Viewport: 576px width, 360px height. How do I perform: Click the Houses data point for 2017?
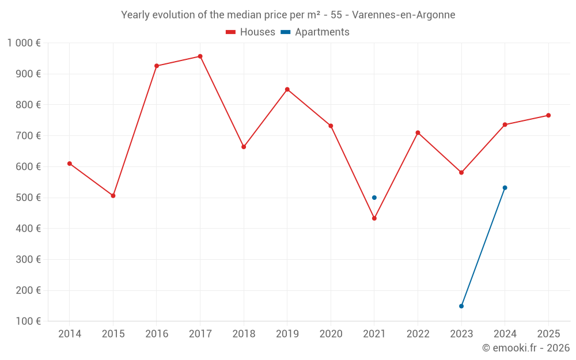tap(200, 56)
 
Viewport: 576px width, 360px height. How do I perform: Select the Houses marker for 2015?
tap(113, 196)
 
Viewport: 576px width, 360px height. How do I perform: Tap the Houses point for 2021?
tap(374, 218)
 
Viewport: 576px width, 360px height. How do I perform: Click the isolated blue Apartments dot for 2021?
tap(374, 198)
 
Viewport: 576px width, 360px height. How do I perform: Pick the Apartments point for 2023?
tap(461, 306)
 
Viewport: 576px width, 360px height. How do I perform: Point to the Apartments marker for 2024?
tap(505, 188)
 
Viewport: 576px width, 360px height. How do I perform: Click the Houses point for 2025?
tap(548, 115)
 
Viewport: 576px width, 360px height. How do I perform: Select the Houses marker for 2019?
tap(287, 89)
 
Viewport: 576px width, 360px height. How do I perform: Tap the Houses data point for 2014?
tap(70, 164)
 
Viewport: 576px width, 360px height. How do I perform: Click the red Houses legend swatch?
tap(230, 32)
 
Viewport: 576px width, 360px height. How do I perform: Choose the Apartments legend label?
tap(322, 32)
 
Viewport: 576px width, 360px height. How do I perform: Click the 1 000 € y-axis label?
tap(24, 43)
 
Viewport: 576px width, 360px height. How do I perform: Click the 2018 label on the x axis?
tap(244, 334)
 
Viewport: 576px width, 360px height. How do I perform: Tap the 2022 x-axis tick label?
tap(418, 334)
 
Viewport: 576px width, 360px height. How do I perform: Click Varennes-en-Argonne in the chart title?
tap(403, 15)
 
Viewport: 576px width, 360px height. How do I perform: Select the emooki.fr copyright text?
tap(525, 348)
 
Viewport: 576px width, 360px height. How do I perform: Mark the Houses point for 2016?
tap(157, 66)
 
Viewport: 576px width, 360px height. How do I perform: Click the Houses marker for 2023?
tap(461, 172)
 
